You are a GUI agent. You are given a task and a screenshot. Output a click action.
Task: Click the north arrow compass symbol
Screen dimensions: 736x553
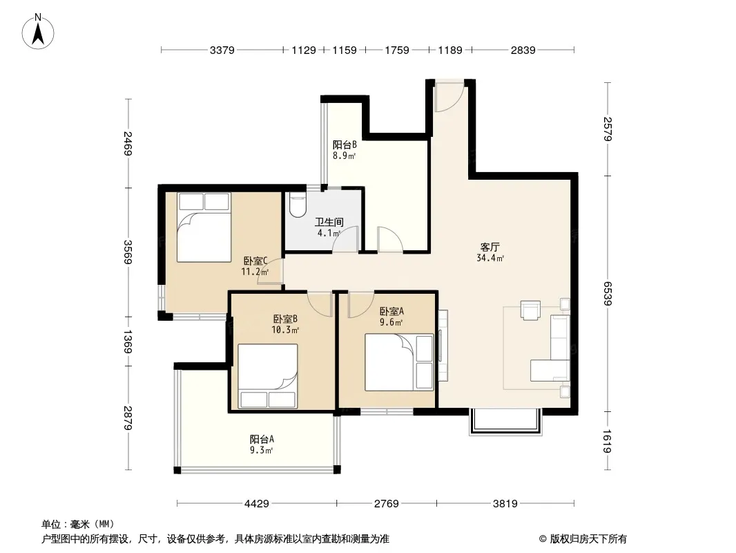click(x=38, y=32)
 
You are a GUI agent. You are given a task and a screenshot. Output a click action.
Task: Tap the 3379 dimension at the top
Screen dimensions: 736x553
click(x=222, y=50)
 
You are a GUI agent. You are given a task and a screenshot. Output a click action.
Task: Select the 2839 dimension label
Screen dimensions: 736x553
click(x=523, y=50)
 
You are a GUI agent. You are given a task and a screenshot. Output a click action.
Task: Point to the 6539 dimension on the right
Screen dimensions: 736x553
click(x=608, y=294)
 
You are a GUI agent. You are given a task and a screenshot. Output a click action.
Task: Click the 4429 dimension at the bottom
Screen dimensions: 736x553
click(x=257, y=504)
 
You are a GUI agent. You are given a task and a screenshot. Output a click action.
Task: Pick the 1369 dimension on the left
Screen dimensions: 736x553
click(x=128, y=341)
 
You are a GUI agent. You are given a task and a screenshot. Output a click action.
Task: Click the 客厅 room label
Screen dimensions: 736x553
click(x=490, y=247)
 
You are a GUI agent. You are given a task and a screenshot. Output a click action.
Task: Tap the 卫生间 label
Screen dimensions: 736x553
click(x=329, y=222)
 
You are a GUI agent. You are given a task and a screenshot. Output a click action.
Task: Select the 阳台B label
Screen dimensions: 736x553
click(x=345, y=144)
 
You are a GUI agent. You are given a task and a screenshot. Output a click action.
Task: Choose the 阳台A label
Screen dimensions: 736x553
click(x=262, y=440)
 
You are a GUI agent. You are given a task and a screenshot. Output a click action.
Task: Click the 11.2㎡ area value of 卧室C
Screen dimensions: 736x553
click(x=255, y=272)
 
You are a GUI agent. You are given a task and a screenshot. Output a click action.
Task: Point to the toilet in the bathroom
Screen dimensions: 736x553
click(x=298, y=205)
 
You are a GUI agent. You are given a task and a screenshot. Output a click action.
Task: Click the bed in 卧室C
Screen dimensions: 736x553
click(x=204, y=227)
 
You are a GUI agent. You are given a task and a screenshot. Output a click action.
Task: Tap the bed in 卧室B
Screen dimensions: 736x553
click(x=268, y=376)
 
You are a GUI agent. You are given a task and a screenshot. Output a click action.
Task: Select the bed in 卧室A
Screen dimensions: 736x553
click(x=399, y=362)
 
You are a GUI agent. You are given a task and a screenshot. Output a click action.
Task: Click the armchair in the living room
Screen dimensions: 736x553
click(x=530, y=310)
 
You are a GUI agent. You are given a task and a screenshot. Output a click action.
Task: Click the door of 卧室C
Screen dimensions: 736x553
click(x=271, y=272)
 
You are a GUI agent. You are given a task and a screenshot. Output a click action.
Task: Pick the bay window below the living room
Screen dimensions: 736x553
click(x=505, y=422)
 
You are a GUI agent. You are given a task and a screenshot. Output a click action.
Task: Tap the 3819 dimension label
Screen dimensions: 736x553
click(x=505, y=504)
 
